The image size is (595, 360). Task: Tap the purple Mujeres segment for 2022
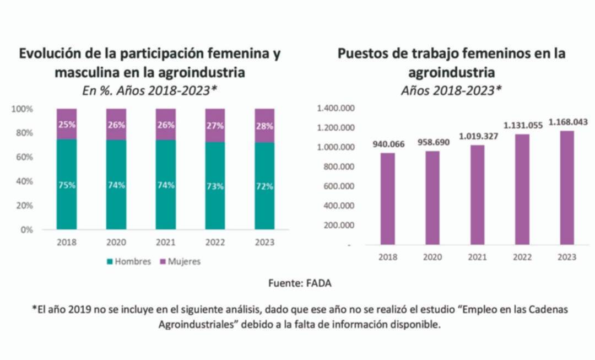(215, 126)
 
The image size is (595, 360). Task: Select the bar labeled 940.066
(388, 198)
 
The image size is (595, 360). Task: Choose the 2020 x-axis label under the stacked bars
(116, 243)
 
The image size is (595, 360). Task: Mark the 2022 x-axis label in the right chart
(522, 257)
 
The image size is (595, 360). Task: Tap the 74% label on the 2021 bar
(165, 185)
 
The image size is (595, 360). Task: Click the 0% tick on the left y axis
(26, 229)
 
